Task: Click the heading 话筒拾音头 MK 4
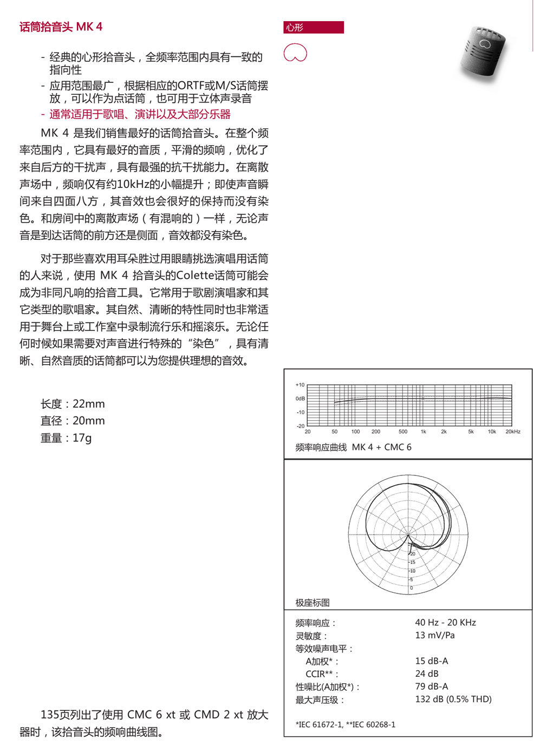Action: (61, 27)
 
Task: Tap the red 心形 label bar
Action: (313, 28)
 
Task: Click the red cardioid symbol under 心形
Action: (295, 53)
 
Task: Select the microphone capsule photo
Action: (484, 53)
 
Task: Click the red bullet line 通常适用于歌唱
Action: (140, 114)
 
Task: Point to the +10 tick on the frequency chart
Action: (300, 385)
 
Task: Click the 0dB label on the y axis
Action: (300, 398)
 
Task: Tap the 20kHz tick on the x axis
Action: (512, 432)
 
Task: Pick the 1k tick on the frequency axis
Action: (423, 432)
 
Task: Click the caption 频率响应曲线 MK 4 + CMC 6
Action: (353, 447)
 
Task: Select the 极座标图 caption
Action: (312, 603)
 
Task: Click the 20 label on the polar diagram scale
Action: (413, 554)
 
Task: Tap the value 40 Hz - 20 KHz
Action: (445, 623)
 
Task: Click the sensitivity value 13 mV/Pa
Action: (434, 635)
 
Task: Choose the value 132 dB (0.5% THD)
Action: (453, 699)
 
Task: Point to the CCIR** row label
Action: (322, 674)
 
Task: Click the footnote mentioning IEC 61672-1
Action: (345, 724)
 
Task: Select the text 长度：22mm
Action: (73, 404)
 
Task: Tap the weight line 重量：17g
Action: (66, 437)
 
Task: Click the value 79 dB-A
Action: (431, 687)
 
